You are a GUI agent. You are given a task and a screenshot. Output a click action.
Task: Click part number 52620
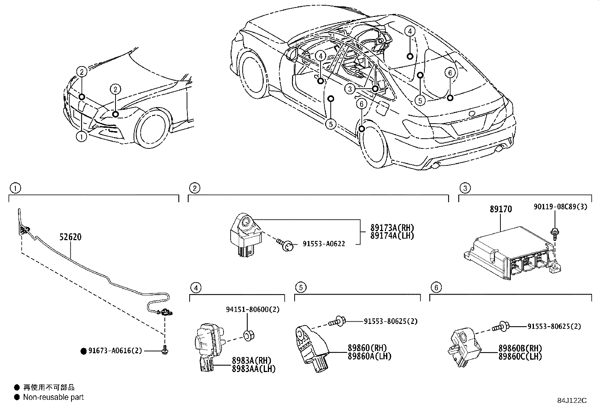click(x=70, y=237)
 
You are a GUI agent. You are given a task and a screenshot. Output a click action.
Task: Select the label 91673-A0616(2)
click(x=115, y=351)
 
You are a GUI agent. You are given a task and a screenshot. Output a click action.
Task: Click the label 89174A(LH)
click(x=392, y=236)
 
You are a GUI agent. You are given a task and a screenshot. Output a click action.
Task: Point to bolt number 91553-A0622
click(x=324, y=244)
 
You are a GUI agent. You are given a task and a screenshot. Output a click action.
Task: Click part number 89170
click(x=500, y=209)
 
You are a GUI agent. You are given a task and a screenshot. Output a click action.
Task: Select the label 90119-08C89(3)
click(x=560, y=207)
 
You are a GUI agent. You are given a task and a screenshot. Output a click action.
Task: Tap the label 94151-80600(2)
click(x=253, y=310)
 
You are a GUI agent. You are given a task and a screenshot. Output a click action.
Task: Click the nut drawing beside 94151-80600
click(x=248, y=335)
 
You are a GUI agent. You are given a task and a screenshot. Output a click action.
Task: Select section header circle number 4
click(x=195, y=288)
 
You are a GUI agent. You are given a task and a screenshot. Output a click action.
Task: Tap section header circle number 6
click(x=436, y=288)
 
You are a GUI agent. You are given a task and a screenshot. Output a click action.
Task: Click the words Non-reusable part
click(x=53, y=397)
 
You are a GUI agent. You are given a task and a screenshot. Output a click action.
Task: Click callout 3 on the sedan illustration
click(x=350, y=89)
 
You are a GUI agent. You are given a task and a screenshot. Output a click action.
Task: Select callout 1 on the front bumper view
click(x=81, y=137)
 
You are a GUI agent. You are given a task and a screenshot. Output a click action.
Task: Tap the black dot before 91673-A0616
click(x=84, y=351)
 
